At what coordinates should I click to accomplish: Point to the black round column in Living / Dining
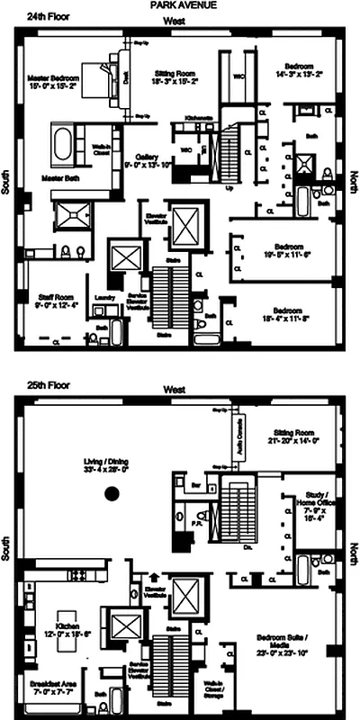point(112,493)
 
